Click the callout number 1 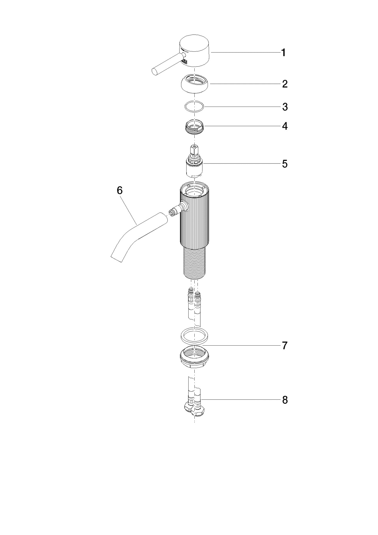[x=283, y=53]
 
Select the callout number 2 [x=285, y=84]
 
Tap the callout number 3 [x=285, y=107]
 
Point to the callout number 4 [x=285, y=126]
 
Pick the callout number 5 [x=285, y=164]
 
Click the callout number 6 [x=119, y=190]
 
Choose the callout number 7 [x=285, y=345]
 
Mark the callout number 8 [x=285, y=400]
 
